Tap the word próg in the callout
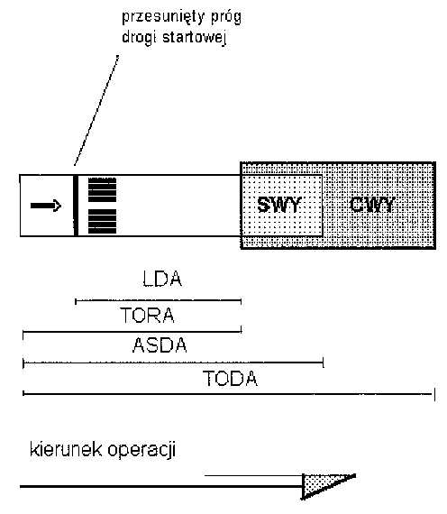(x=226, y=17)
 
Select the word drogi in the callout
(x=139, y=37)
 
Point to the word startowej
(x=195, y=37)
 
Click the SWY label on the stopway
(x=278, y=205)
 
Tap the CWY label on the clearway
(x=372, y=205)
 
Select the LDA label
(x=162, y=279)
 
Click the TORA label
(x=148, y=315)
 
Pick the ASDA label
(x=160, y=345)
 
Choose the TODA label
(x=230, y=379)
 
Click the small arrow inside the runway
(x=46, y=206)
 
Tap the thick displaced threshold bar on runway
(x=76, y=206)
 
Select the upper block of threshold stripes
(x=102, y=189)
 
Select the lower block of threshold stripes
(x=102, y=221)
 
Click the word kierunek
(x=66, y=449)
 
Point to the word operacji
(x=141, y=450)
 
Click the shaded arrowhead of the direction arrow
(x=324, y=486)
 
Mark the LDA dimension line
(x=159, y=300)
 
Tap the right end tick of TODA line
(x=434, y=394)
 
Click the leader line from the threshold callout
(x=96, y=111)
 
